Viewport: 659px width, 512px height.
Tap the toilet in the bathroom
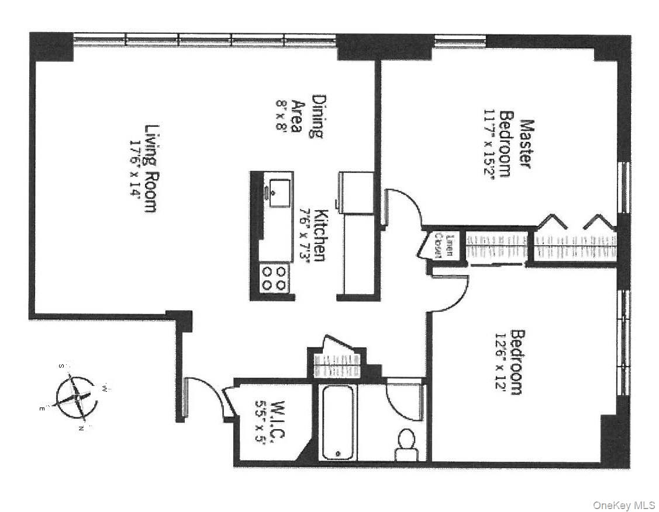[405, 443]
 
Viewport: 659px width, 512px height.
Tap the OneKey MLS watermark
[624, 504]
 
